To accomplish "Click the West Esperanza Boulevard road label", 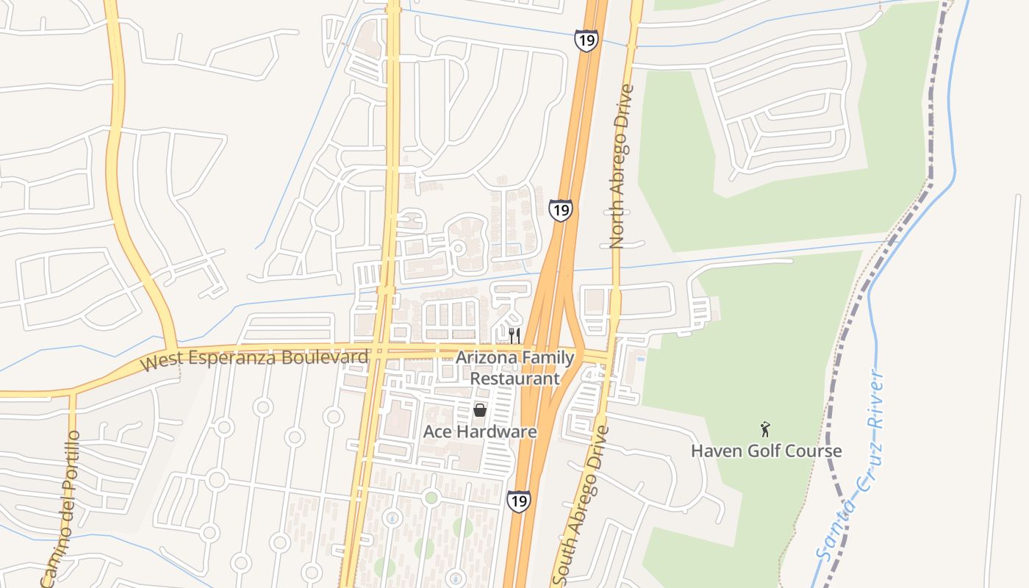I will (x=254, y=359).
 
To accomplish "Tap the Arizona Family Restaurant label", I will (x=515, y=368).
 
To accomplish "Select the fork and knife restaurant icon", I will (x=514, y=336).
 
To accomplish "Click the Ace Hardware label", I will (x=480, y=431).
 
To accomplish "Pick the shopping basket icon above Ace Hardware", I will (x=480, y=410).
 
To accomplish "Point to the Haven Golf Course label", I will (x=766, y=451).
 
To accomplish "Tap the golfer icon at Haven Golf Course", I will (x=766, y=429).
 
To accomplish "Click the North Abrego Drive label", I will (x=621, y=167).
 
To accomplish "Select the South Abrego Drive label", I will (x=580, y=501).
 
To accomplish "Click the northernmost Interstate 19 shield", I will (x=586, y=40).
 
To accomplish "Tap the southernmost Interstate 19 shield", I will (x=518, y=501).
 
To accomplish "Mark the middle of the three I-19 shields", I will (x=560, y=210).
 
